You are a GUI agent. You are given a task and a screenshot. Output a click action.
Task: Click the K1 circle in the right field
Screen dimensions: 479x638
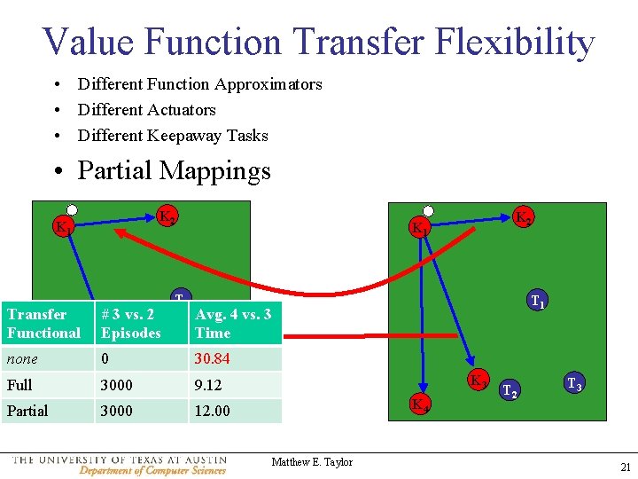[x=421, y=228]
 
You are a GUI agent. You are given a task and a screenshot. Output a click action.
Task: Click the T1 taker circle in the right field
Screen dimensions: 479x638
[x=536, y=302]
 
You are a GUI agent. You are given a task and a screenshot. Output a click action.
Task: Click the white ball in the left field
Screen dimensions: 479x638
[x=73, y=211]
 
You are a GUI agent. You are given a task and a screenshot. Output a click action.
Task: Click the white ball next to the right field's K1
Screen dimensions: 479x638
[x=428, y=211]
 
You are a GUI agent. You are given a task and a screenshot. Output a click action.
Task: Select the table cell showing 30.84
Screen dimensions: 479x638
[x=235, y=359]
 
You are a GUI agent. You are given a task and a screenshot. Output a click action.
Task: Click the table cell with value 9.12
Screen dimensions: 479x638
[x=235, y=385]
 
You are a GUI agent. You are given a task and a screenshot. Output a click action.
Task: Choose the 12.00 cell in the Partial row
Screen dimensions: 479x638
[x=235, y=411]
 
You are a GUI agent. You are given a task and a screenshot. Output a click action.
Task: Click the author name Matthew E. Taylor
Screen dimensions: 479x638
[x=312, y=462]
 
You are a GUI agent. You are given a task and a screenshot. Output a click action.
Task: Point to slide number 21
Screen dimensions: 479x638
[x=626, y=467]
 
